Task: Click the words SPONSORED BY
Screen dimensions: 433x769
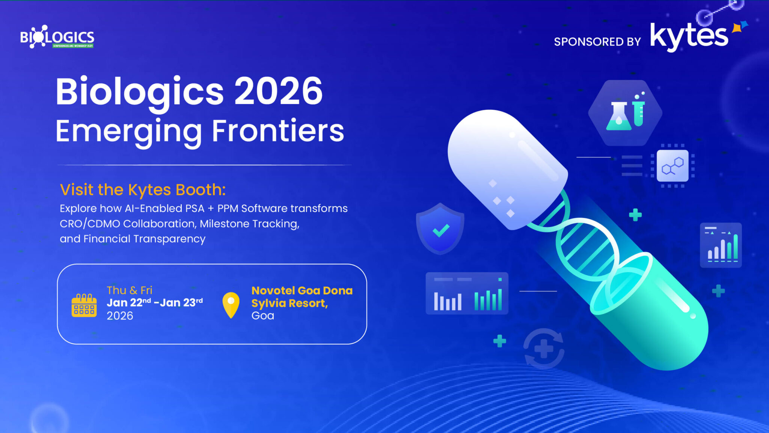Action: [597, 42]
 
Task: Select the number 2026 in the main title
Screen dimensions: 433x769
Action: [278, 91]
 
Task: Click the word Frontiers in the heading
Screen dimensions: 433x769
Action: [278, 131]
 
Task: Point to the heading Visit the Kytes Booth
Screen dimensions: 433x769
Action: [143, 190]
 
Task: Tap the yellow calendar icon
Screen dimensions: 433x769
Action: [84, 305]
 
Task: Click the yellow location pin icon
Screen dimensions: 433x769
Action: [231, 305]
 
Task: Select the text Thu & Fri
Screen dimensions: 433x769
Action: [129, 290]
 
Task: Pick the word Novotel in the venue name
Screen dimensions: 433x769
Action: [273, 291]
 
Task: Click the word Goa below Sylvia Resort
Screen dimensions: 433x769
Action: [262, 316]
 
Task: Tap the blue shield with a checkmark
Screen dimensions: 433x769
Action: [440, 229]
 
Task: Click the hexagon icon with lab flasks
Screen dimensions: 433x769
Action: [625, 113]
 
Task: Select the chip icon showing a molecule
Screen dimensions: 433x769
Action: [672, 166]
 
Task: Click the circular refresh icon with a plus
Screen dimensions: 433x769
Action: [544, 348]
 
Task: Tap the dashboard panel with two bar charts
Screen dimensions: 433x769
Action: [467, 294]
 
